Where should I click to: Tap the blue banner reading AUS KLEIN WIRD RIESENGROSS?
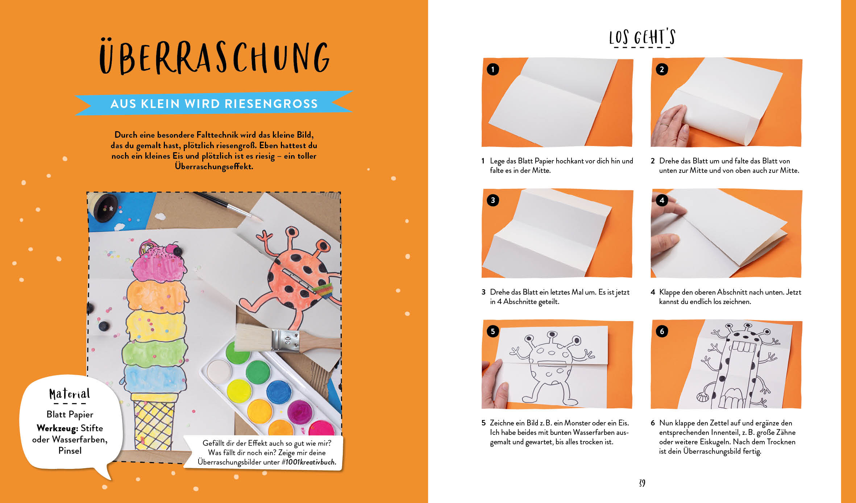pos(214,103)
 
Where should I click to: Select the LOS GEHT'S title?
pos(642,37)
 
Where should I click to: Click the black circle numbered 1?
pos(493,69)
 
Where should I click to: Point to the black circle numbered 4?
pos(662,200)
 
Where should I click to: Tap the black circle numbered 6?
pos(662,331)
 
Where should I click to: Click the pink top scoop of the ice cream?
pos(158,265)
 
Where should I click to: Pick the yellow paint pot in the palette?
pos(239,390)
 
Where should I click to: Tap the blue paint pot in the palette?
pos(279,392)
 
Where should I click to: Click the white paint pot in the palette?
pos(219,371)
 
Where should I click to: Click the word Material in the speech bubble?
pos(69,394)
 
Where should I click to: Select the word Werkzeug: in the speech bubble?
pos(57,428)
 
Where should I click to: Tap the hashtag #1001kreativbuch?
pos(311,462)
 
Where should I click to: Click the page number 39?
pos(642,483)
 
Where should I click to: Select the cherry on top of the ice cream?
pos(176,250)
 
